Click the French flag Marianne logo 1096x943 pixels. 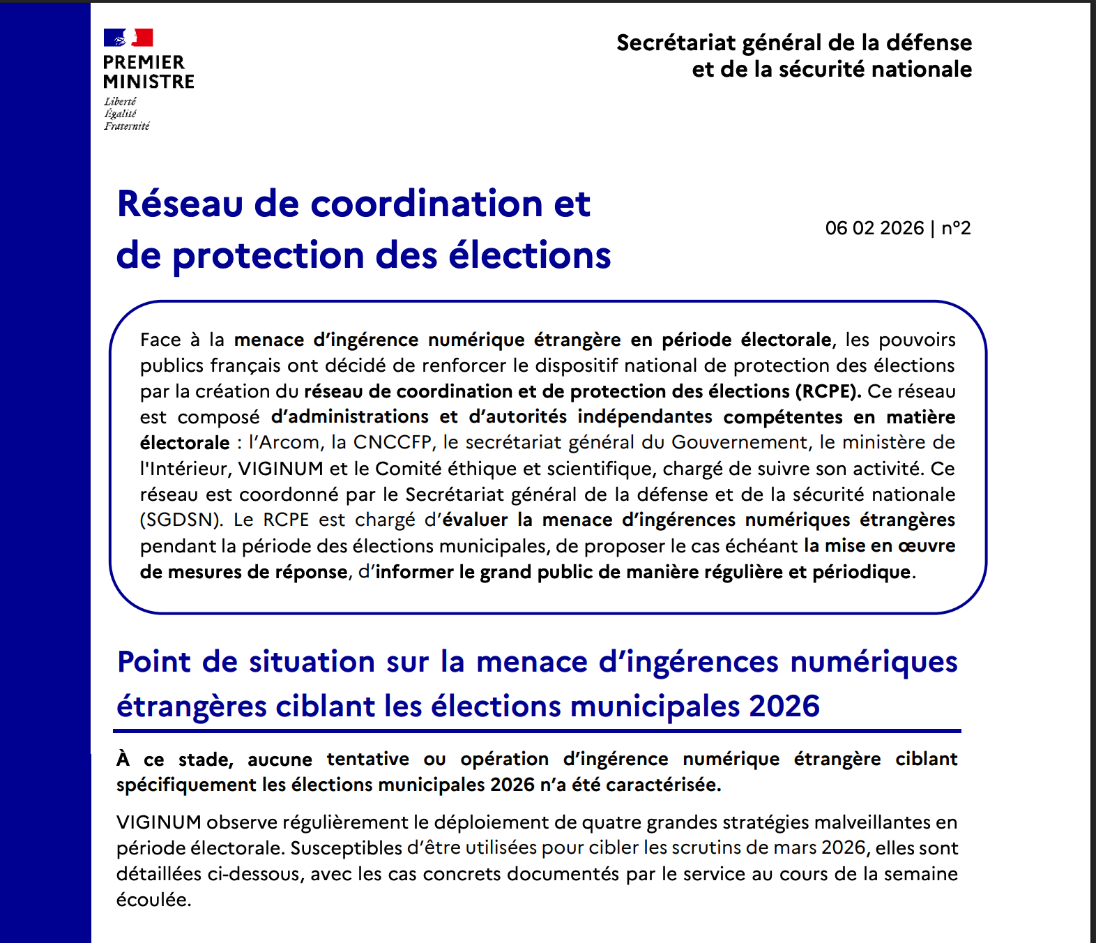[128, 38]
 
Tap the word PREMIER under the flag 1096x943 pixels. [144, 62]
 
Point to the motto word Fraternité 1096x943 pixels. [127, 126]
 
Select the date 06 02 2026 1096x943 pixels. [874, 228]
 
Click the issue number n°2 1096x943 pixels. [956, 228]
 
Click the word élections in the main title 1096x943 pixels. [529, 255]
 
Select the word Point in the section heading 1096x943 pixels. [154, 661]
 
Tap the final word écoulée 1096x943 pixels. [153, 900]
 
